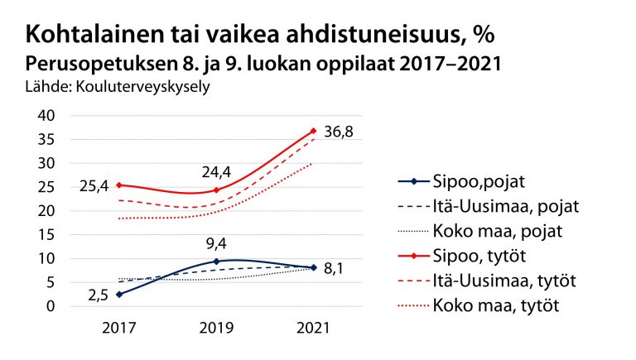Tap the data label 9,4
coord(216,244)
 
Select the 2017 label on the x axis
coord(118,328)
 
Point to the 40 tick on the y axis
coord(46,116)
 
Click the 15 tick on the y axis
coord(46,235)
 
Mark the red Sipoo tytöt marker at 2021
coord(313,131)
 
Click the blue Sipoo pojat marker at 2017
coord(119,294)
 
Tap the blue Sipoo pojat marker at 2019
coord(216,262)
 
